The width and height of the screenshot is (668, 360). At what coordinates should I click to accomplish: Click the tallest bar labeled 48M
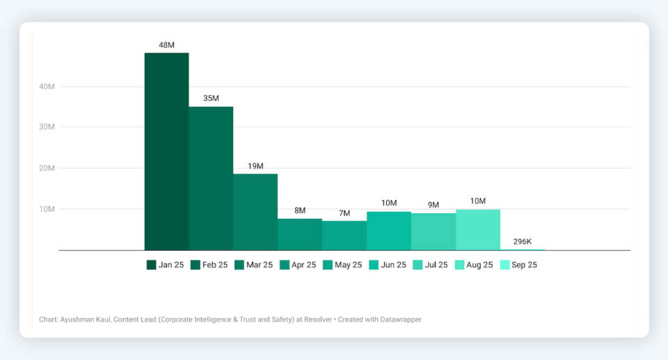166,151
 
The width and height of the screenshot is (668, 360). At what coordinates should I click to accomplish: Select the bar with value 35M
211,178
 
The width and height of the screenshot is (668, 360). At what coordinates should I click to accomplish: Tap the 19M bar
255,212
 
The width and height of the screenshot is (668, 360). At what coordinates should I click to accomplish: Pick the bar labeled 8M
300,234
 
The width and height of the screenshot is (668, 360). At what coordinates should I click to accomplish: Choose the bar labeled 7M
344,235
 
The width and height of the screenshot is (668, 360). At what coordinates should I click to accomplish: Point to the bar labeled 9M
434,231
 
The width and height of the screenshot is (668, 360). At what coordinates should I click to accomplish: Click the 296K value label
523,241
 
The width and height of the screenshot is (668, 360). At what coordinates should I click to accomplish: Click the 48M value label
166,45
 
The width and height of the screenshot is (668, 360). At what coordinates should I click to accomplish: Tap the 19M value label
255,166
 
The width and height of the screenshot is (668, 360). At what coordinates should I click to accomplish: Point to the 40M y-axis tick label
47,86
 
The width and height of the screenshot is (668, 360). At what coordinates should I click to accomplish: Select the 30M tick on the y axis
47,127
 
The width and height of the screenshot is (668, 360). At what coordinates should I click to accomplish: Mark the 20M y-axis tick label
47,168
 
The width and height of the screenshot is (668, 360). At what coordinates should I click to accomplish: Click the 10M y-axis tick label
47,209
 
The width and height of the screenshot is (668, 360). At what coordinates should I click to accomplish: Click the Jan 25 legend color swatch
151,265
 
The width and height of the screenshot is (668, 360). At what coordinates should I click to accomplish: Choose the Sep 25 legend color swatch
504,265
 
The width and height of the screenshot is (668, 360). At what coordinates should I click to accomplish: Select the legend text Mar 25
260,265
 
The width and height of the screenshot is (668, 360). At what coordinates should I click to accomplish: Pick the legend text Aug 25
480,265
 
